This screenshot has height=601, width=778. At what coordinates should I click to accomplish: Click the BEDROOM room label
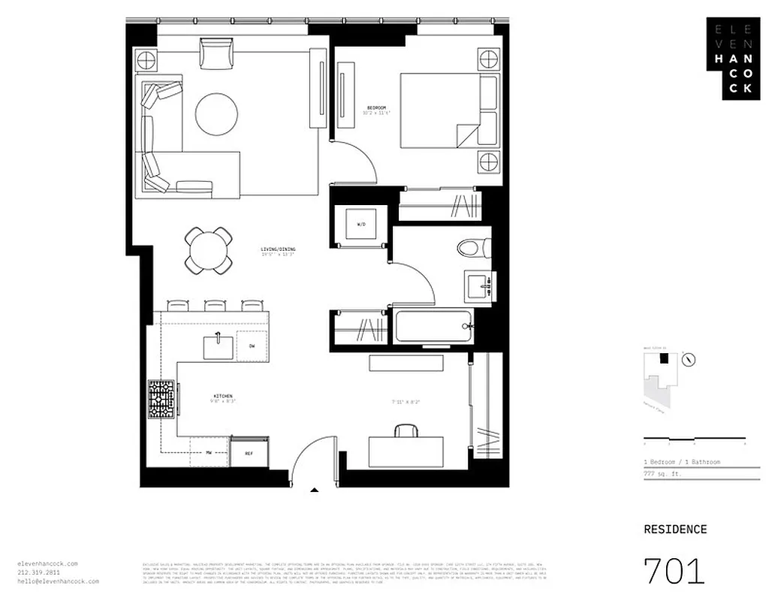click(378, 107)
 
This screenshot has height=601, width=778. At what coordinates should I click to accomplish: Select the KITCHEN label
click(222, 396)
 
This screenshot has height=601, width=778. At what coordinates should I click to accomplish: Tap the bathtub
click(432, 327)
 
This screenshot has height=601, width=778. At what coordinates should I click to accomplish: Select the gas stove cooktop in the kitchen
click(162, 398)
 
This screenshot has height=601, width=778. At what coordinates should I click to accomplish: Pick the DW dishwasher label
click(252, 346)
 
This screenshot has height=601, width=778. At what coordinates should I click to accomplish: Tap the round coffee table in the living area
click(217, 114)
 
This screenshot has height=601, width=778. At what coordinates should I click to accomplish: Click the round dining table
click(208, 250)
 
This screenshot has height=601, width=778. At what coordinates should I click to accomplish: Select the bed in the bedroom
click(448, 110)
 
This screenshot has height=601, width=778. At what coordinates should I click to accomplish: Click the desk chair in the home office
click(406, 430)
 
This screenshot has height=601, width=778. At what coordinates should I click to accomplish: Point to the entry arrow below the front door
click(315, 491)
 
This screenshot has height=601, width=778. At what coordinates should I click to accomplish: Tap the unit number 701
click(674, 571)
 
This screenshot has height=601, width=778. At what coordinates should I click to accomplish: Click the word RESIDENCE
click(675, 529)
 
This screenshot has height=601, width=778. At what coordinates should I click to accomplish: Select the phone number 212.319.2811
click(35, 572)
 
